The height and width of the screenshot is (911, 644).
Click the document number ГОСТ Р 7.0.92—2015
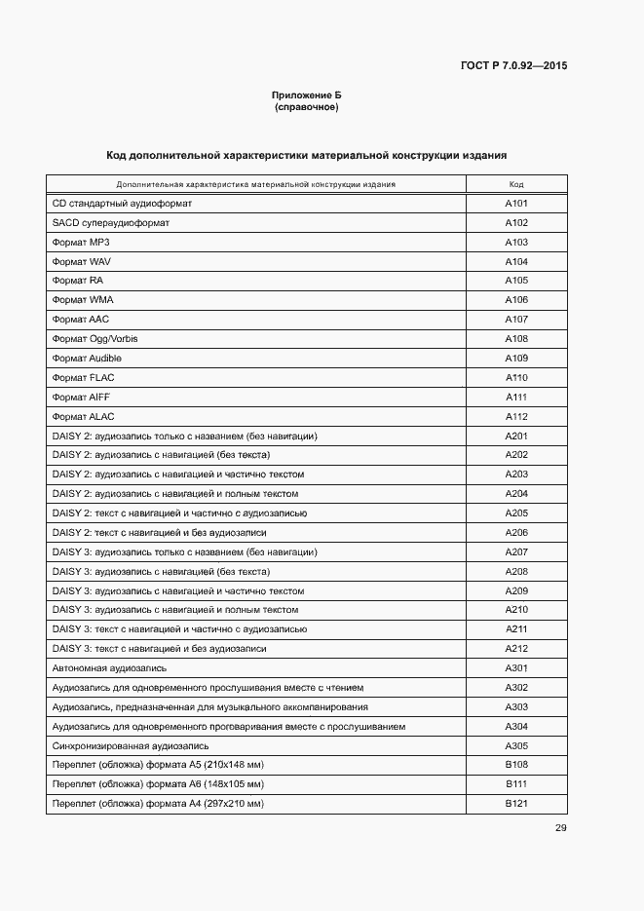(x=513, y=66)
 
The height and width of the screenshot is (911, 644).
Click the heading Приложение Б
(x=306, y=95)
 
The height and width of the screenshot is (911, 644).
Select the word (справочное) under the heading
(x=306, y=107)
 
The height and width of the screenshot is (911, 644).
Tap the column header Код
(x=516, y=184)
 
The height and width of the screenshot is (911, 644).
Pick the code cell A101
(x=516, y=204)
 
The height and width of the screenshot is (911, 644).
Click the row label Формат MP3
(x=74, y=243)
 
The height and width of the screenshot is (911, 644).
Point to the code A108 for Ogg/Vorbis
(x=516, y=339)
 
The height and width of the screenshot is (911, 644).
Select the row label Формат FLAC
(x=77, y=378)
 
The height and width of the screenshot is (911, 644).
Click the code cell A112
(x=516, y=417)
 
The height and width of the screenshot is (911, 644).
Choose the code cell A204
(x=516, y=494)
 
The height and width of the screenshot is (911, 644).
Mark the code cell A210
(x=516, y=610)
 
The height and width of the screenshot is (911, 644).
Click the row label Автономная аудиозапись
(x=109, y=668)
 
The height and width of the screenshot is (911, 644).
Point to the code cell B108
(x=516, y=765)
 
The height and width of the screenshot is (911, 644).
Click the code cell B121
(x=516, y=804)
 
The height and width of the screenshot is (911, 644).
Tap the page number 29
(x=560, y=828)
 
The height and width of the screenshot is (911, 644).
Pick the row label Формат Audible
(x=87, y=359)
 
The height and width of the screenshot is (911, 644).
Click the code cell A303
(x=516, y=707)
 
